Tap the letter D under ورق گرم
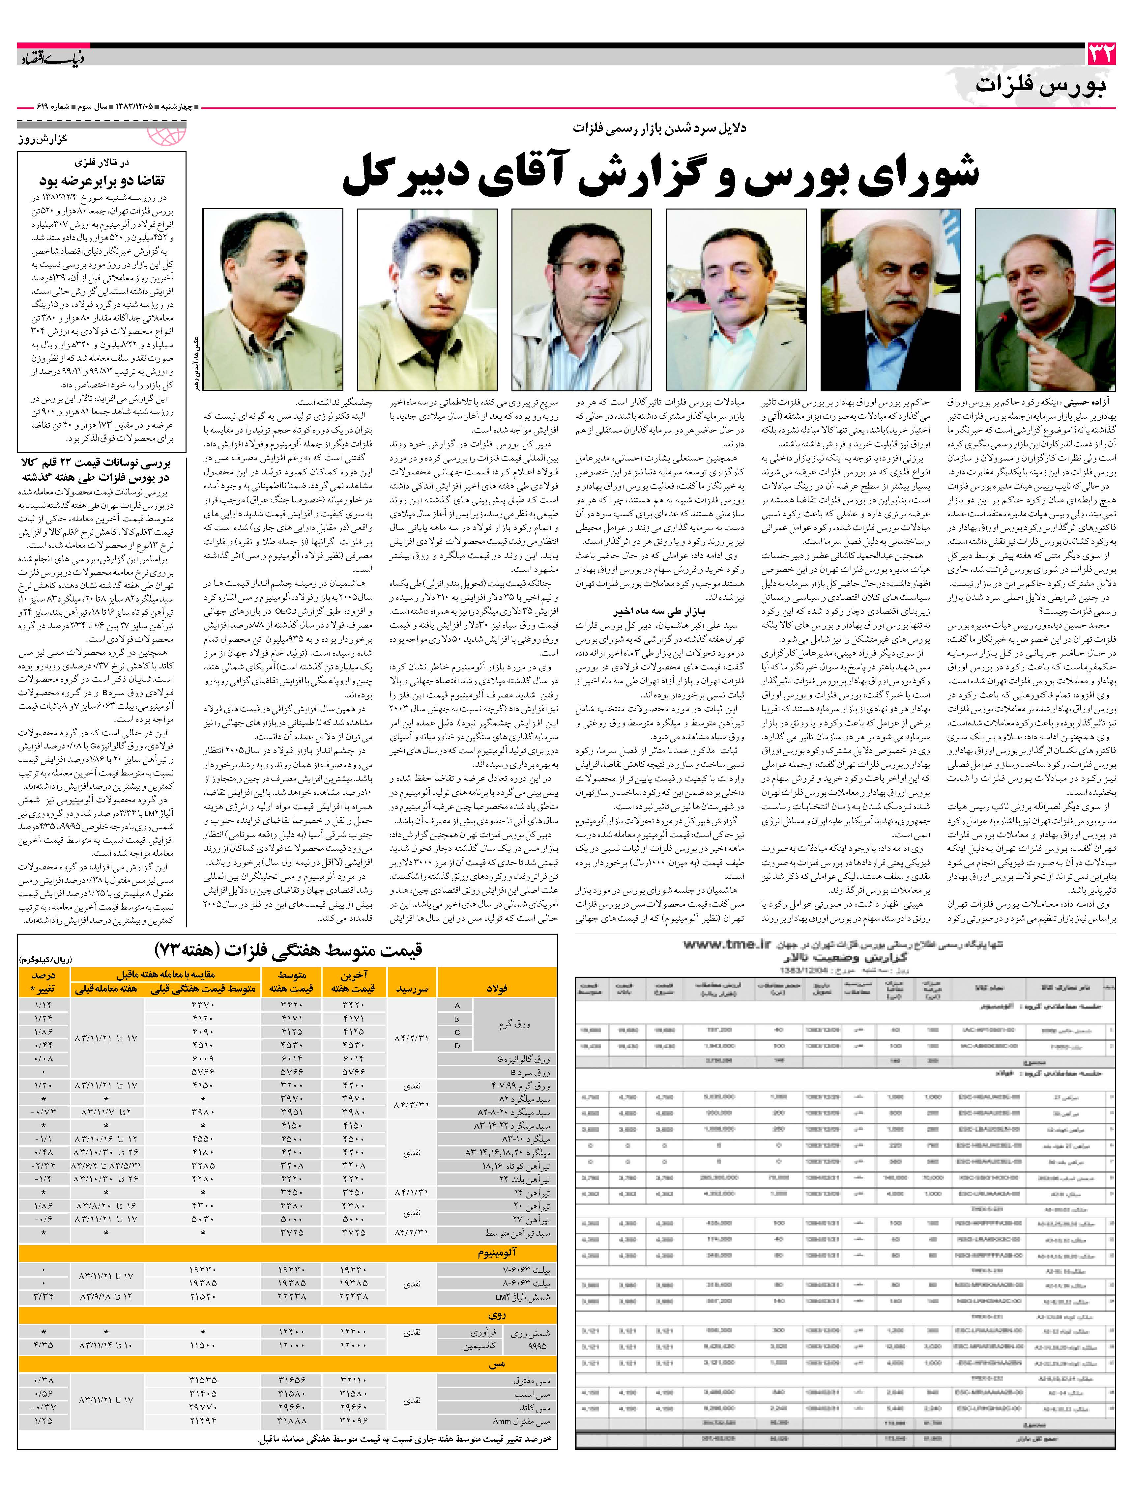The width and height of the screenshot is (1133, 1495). (457, 1046)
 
